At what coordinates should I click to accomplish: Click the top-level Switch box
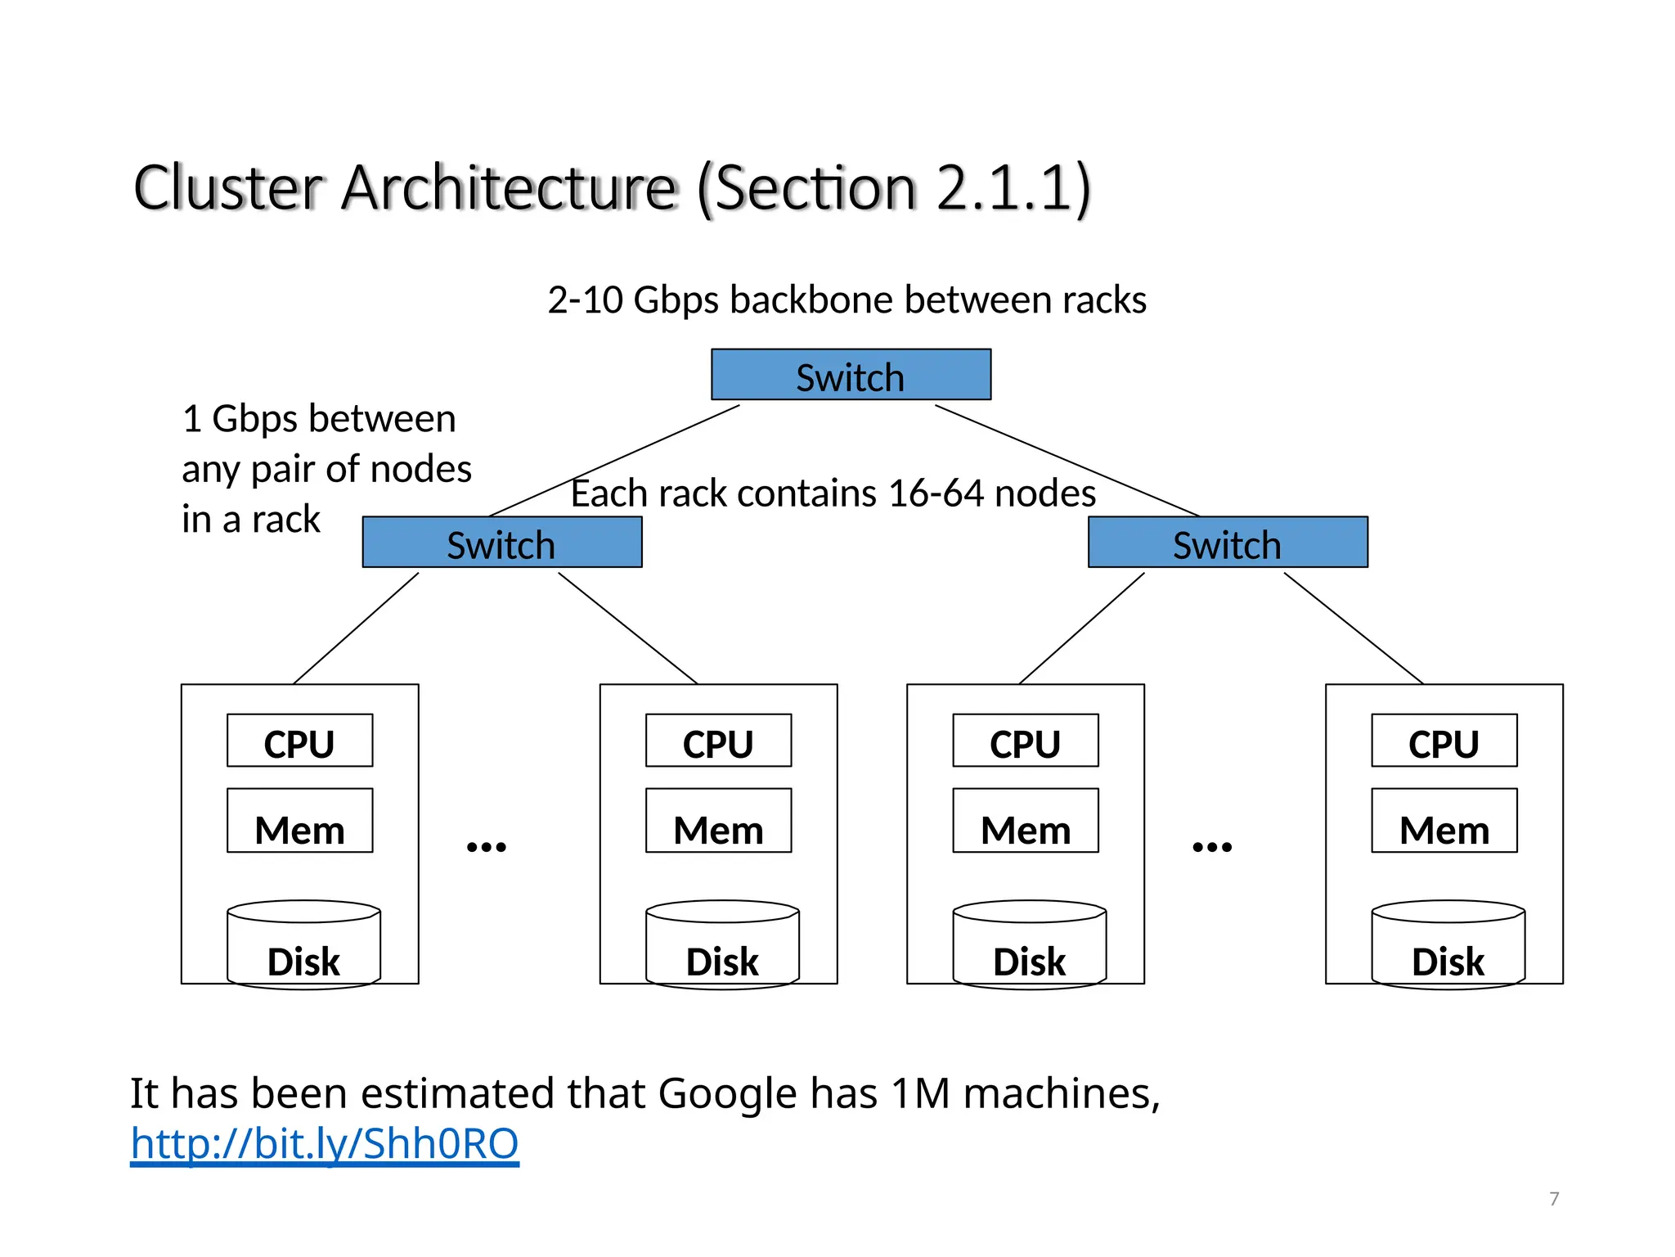click(x=851, y=375)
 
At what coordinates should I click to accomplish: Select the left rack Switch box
click(x=501, y=542)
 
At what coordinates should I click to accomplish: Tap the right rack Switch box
click(x=1227, y=542)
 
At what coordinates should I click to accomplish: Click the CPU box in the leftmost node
click(x=299, y=741)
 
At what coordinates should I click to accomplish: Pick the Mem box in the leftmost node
click(x=299, y=821)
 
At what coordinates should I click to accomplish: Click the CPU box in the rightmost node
click(x=1444, y=741)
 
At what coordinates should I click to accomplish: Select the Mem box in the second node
click(x=718, y=821)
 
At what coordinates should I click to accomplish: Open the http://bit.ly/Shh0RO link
click(x=324, y=1144)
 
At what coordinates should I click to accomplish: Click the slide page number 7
click(x=1554, y=1199)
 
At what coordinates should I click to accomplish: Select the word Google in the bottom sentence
click(x=727, y=1094)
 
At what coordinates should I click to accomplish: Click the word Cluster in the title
click(x=228, y=188)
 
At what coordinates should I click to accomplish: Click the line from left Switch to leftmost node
click(x=356, y=628)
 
